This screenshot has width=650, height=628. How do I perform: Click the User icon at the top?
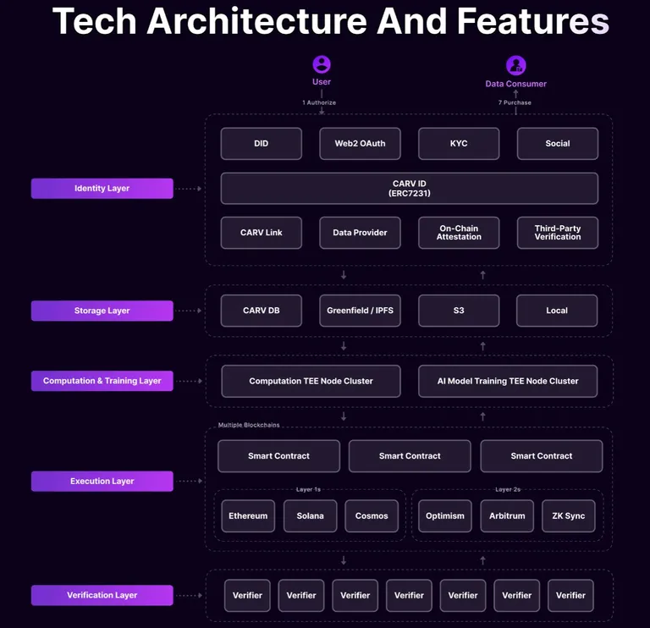pyautogui.click(x=322, y=64)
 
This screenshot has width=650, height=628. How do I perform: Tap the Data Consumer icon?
pyautogui.click(x=515, y=65)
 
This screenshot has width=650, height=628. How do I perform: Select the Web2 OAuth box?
pyautogui.click(x=360, y=143)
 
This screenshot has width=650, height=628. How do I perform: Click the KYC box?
pyautogui.click(x=459, y=143)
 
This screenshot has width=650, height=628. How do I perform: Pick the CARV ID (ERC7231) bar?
pyautogui.click(x=409, y=188)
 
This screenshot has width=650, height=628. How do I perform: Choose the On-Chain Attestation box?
pyautogui.click(x=459, y=233)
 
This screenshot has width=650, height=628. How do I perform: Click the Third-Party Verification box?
pyautogui.click(x=558, y=233)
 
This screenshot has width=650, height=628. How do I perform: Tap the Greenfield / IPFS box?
pyautogui.click(x=360, y=311)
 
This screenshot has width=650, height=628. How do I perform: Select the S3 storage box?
pyautogui.click(x=459, y=311)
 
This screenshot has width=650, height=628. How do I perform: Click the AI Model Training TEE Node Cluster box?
pyautogui.click(x=508, y=381)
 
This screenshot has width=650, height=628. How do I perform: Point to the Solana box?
pyautogui.click(x=310, y=515)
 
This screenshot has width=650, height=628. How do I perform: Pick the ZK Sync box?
pyautogui.click(x=569, y=515)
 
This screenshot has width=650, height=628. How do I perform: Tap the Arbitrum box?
pyautogui.click(x=507, y=515)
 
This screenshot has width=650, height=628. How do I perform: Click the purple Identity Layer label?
pyautogui.click(x=102, y=188)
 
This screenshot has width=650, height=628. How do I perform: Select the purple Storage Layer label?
pyautogui.click(x=102, y=311)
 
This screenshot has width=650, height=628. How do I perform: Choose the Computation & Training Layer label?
pyautogui.click(x=102, y=381)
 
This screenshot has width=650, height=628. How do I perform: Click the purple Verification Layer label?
pyautogui.click(x=102, y=595)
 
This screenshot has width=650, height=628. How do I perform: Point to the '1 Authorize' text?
pyautogui.click(x=319, y=102)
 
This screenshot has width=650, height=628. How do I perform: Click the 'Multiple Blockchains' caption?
pyautogui.click(x=249, y=425)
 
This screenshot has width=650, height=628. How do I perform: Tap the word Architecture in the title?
pyautogui.click(x=257, y=20)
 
